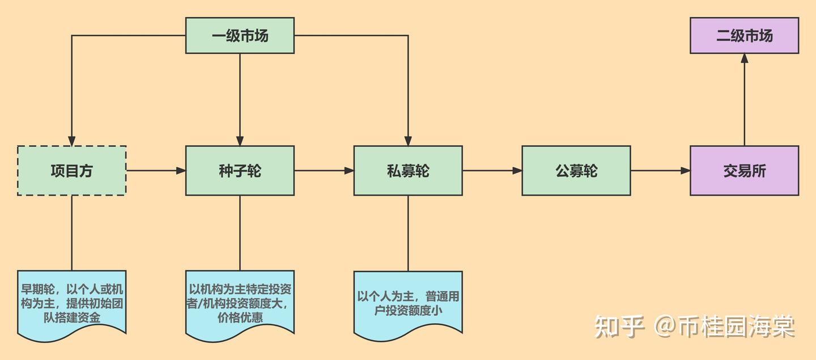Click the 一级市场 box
240,36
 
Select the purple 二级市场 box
744,36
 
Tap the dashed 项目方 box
71,171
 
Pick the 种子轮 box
240,171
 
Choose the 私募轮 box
408,171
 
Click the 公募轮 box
576,171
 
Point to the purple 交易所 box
744,171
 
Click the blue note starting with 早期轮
71,303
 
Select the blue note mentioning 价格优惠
240,303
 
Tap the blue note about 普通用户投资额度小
408,303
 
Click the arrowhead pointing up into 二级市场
744,59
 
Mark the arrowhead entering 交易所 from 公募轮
685,171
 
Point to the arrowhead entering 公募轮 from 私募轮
517,171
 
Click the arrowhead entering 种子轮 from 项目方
181,171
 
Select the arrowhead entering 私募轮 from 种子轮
349,171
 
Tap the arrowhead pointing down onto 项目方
71,141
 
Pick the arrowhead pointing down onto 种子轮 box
240,141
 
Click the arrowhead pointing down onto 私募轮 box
408,141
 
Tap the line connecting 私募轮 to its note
408,232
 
